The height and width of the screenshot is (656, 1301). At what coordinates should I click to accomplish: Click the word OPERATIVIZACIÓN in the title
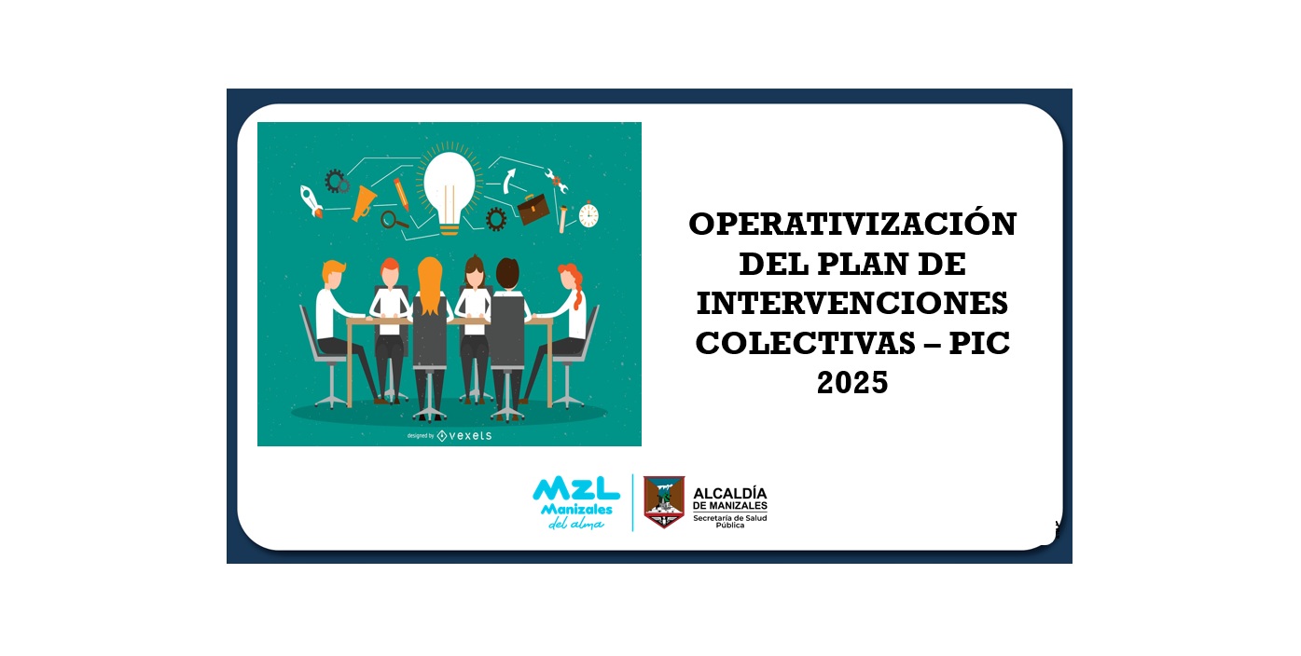tap(852, 224)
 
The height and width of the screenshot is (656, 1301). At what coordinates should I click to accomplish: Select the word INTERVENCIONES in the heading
tap(852, 303)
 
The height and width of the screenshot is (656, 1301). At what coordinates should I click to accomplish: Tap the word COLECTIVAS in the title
tap(806, 343)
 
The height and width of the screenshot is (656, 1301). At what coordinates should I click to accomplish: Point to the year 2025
tap(852, 383)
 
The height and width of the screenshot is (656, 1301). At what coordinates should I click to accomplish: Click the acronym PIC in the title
tap(980, 343)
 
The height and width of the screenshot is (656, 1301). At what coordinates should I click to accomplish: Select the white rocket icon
tap(311, 201)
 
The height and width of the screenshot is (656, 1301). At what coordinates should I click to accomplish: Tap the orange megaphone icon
tap(364, 203)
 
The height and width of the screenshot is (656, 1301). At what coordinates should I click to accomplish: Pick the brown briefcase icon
tap(533, 209)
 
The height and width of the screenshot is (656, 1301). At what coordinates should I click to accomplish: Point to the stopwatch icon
tap(588, 214)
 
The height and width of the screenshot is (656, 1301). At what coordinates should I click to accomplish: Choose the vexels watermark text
tap(470, 435)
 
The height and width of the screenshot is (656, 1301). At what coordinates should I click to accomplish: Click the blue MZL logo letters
tap(576, 489)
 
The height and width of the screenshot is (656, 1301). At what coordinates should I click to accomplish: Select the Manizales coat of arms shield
tap(664, 502)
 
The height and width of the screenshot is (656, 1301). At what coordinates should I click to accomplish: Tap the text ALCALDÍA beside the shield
tap(730, 494)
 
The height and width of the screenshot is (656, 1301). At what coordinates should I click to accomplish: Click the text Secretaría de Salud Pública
tap(730, 521)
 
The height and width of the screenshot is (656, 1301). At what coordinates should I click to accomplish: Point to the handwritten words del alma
tap(576, 524)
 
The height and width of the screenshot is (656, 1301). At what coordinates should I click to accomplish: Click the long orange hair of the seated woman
tap(430, 286)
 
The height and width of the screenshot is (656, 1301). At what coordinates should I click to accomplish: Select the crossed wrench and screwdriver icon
tap(556, 180)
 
